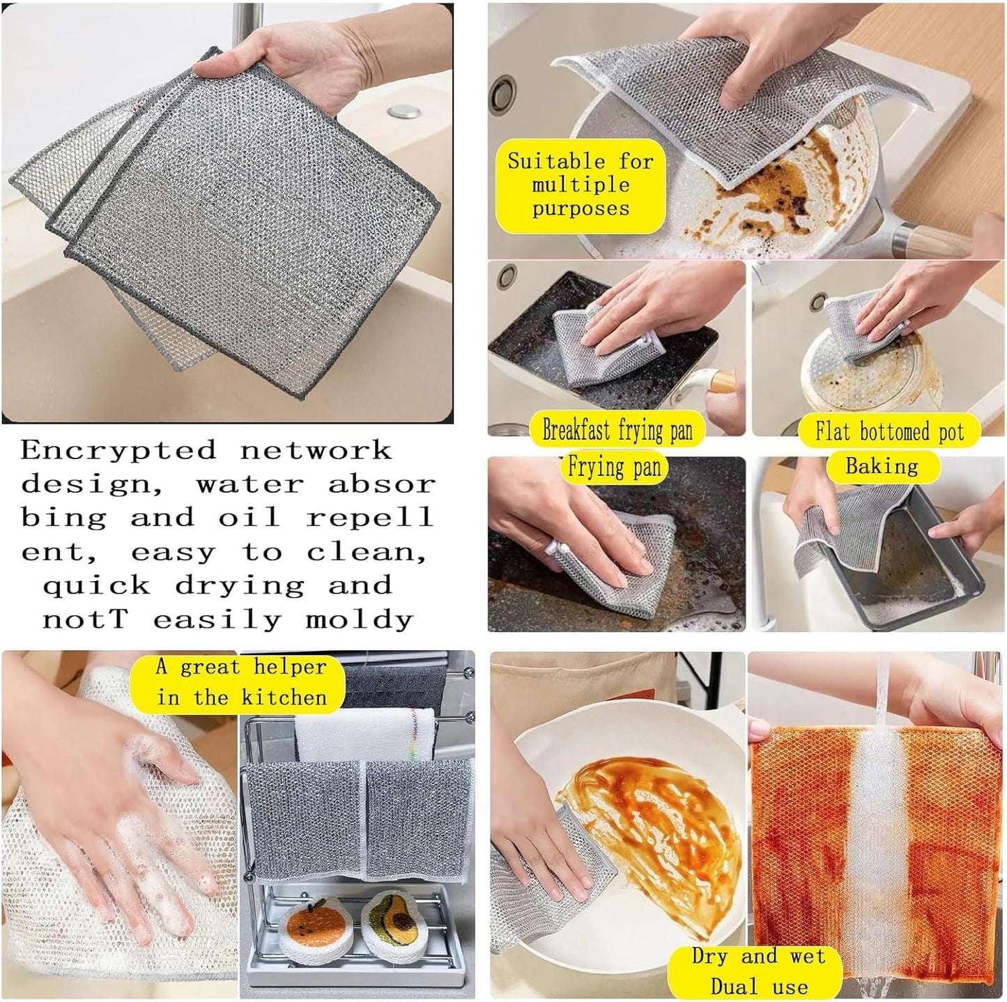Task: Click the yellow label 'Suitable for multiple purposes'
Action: [580, 185]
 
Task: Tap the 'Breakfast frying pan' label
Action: [617, 431]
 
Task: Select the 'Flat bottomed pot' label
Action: [890, 432]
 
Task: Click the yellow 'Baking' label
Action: [882, 466]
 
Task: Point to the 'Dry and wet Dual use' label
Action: [758, 971]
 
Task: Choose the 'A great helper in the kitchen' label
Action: [240, 682]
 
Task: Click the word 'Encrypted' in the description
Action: [118, 450]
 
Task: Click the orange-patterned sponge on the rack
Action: [312, 928]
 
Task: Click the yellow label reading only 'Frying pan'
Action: [614, 467]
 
